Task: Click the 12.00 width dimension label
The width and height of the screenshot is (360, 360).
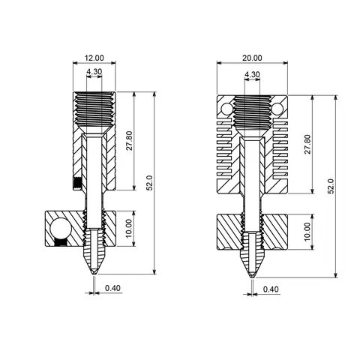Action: (x=94, y=57)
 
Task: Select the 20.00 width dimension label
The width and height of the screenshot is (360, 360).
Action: (x=252, y=58)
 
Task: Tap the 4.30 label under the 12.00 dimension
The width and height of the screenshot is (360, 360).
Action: (x=94, y=73)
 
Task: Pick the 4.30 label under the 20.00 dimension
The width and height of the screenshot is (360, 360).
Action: (x=252, y=74)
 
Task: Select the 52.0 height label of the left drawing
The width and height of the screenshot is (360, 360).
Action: (x=150, y=182)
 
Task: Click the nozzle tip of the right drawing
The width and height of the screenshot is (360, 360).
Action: (x=252, y=277)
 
